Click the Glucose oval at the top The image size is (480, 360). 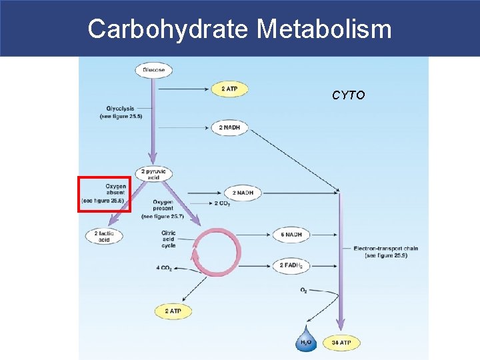154,69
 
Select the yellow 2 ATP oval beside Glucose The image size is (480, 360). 229,89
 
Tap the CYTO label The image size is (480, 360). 348,95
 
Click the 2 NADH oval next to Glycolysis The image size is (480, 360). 229,127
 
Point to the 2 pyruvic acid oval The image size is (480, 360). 154,173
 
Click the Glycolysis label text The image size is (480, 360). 121,112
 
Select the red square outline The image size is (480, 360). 104,194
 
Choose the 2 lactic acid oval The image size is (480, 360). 104,235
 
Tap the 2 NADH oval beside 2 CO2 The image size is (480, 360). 242,193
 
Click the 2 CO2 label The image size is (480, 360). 223,203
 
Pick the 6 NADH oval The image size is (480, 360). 291,235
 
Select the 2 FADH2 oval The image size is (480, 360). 292,265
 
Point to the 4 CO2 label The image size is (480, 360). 164,268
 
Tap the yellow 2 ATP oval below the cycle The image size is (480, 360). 173,311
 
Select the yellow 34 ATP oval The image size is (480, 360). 341,343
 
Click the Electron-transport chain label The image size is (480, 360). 386,251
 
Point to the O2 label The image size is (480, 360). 304,290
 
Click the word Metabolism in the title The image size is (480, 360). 324,29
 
